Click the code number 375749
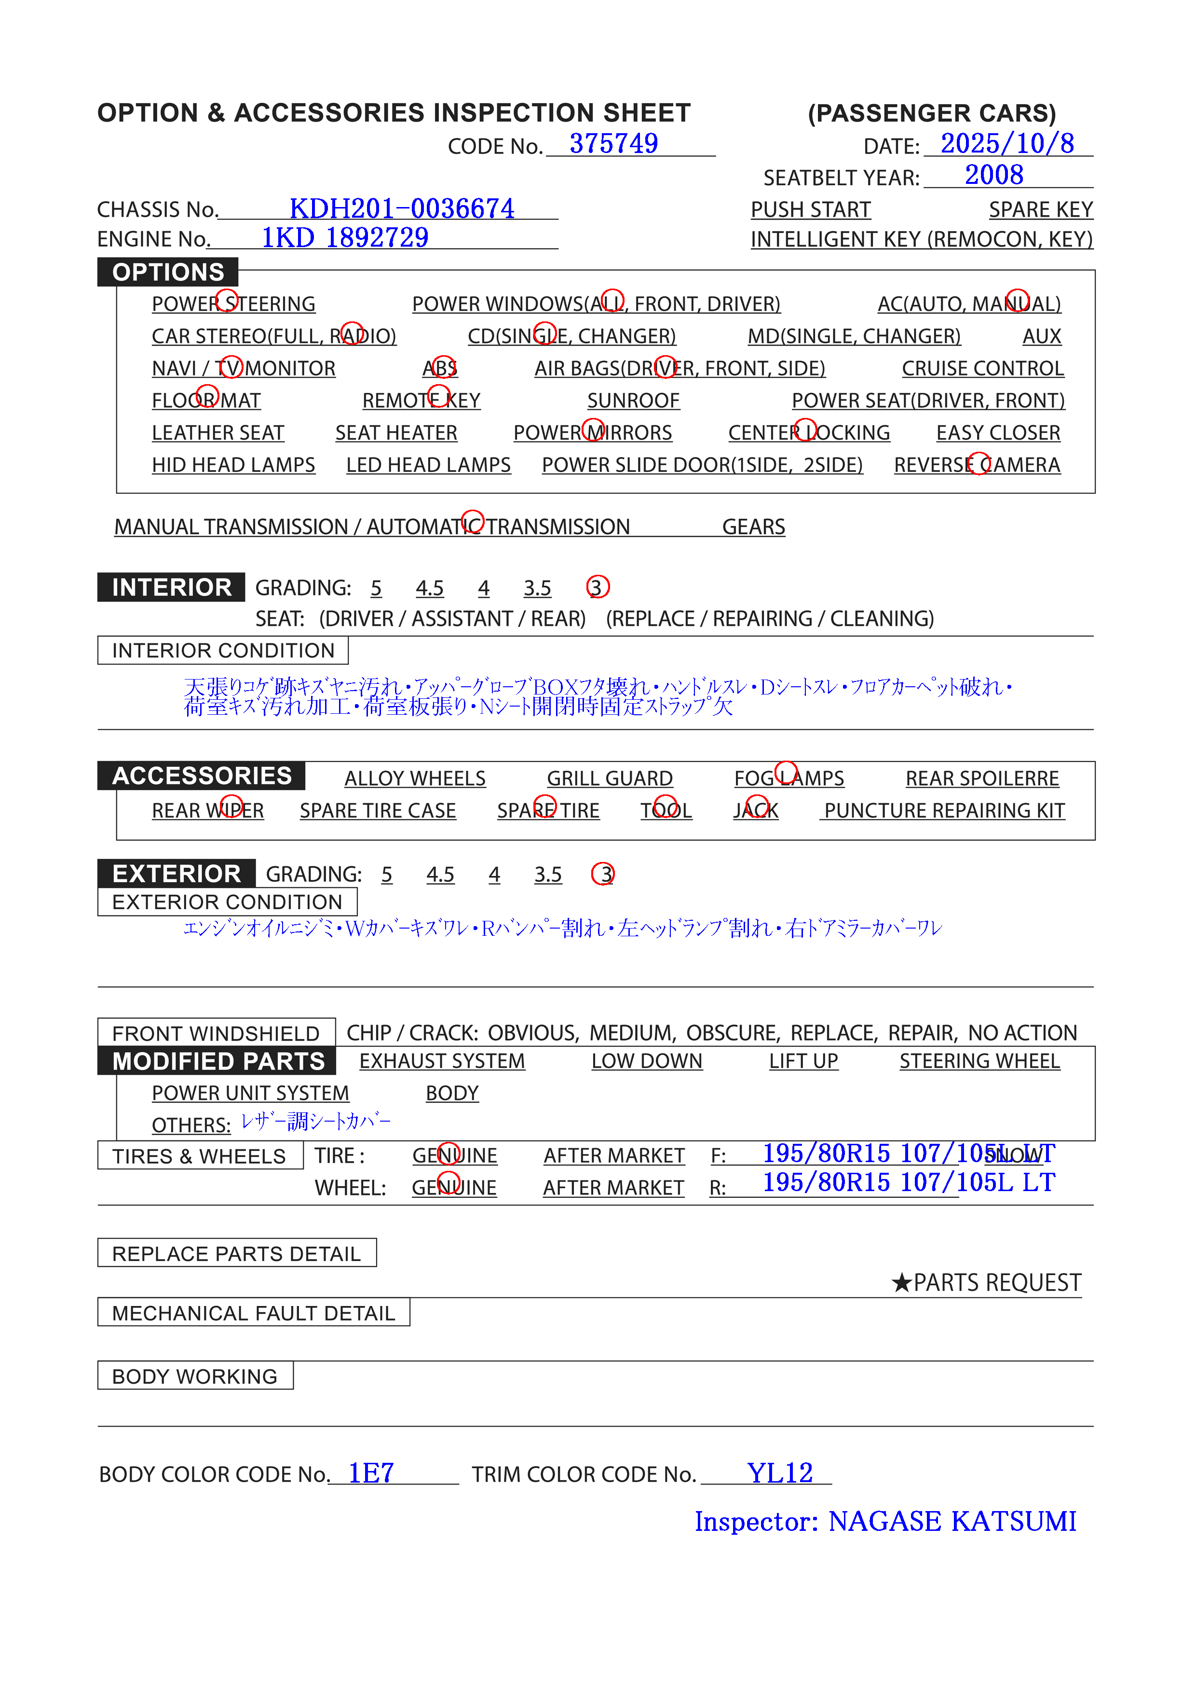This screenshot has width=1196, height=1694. point(613,144)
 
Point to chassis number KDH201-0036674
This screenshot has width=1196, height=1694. point(401,209)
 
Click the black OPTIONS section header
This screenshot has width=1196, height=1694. point(168,272)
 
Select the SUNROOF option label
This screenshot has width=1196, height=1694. point(633,401)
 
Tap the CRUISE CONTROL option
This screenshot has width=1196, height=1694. point(982,368)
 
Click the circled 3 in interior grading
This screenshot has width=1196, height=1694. point(597,587)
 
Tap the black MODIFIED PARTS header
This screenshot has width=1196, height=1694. point(218,1061)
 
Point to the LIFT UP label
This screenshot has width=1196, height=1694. point(803,1061)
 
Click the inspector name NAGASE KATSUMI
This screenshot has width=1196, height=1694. point(952,1521)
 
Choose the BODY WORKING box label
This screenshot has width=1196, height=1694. point(195,1376)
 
